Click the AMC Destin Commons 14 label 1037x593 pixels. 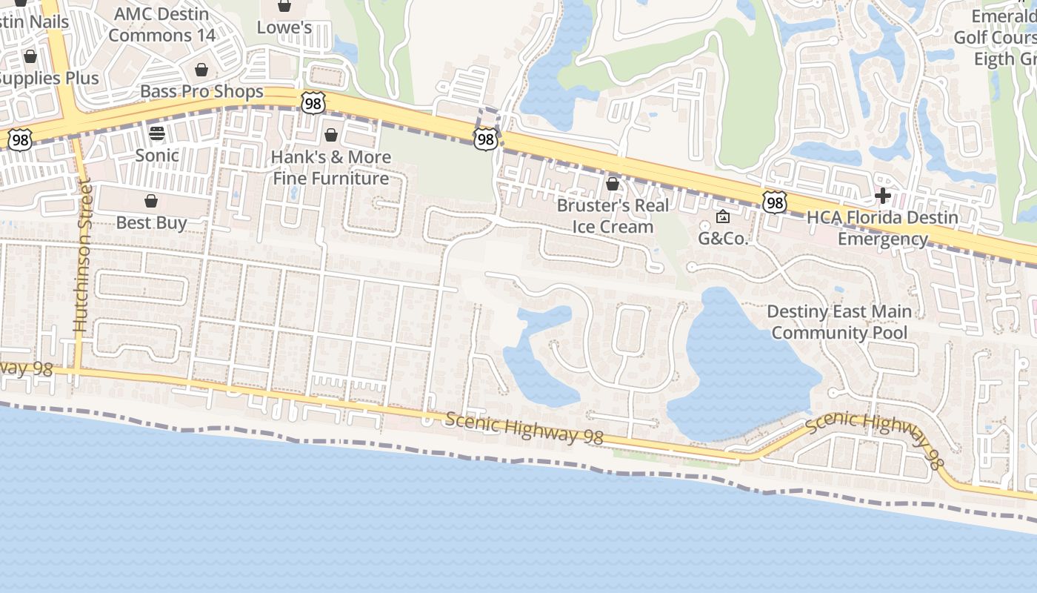point(162,24)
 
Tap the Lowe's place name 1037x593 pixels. point(284,27)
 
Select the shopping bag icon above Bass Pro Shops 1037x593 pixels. point(201,70)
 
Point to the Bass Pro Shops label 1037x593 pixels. point(201,91)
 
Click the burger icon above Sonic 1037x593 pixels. point(157,133)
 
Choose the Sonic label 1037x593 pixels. point(157,155)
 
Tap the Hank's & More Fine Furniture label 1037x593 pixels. point(331,168)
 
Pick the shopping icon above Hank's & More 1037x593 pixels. point(331,135)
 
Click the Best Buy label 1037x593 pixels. point(151,222)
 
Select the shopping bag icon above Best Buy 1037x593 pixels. point(151,201)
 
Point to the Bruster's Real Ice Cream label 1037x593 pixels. point(613,216)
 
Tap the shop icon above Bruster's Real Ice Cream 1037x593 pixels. point(613,183)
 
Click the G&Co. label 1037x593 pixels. point(724,238)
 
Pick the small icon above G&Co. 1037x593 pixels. point(723,216)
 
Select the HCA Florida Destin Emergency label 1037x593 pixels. point(882,228)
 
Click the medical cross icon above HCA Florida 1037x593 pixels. point(882,196)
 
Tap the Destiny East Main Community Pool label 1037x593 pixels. point(839,322)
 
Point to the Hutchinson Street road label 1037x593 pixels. point(81,256)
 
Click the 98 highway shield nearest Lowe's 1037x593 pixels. point(313,104)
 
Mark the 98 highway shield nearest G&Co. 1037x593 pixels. point(774,202)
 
